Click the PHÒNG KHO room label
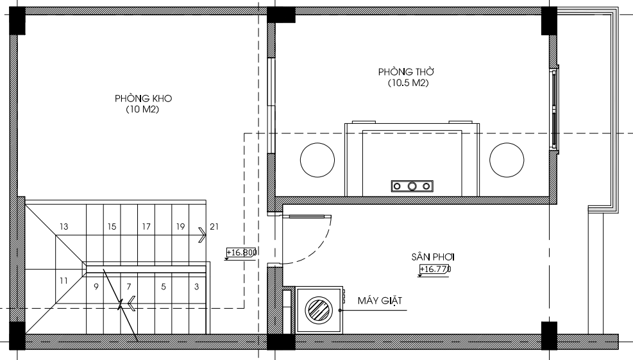[143, 98]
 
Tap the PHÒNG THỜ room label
[406, 71]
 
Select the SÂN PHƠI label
[433, 257]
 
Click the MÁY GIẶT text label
[380, 300]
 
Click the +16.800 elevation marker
[241, 253]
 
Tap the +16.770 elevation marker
[435, 270]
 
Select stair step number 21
[214, 227]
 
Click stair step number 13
[63, 227]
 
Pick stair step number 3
[197, 287]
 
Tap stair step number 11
[63, 280]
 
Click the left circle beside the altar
[317, 160]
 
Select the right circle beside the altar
[507, 160]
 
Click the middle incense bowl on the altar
[412, 186]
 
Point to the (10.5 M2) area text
[408, 83]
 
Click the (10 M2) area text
[142, 109]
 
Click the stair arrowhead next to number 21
[202, 235]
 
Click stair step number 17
[146, 227]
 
